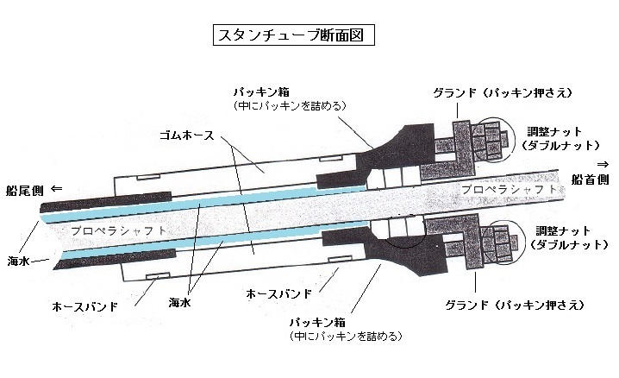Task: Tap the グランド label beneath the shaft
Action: [515, 306]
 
